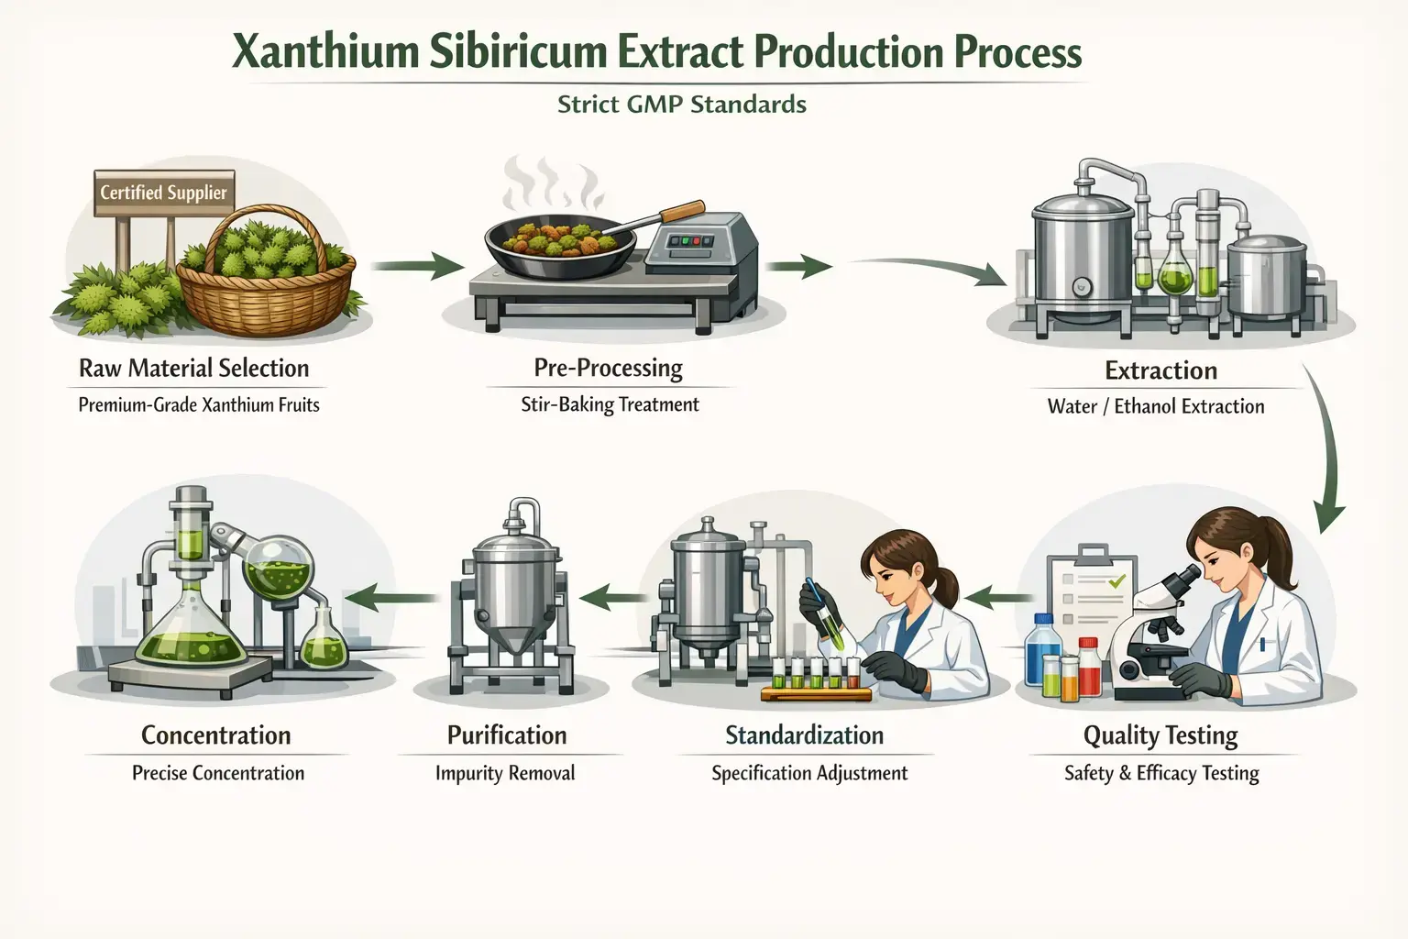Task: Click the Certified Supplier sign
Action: (x=163, y=193)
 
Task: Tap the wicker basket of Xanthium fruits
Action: (x=265, y=284)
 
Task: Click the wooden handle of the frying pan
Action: (x=682, y=210)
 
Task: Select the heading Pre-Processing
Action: (x=608, y=368)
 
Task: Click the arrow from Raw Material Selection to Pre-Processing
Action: (x=418, y=266)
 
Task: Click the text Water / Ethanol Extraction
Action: (x=1155, y=406)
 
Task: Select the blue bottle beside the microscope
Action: (x=1042, y=651)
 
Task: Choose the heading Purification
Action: (x=506, y=735)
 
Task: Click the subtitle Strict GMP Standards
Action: (x=681, y=105)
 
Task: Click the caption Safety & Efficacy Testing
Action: (x=1161, y=773)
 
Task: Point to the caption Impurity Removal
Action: (x=505, y=773)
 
